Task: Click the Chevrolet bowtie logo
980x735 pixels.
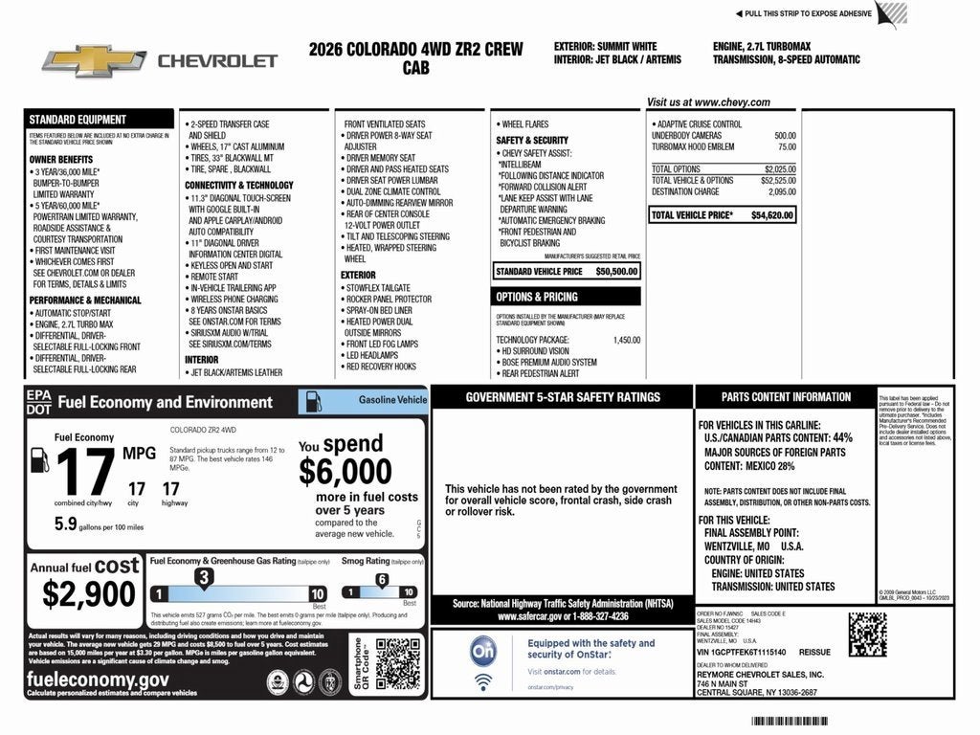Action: (x=93, y=60)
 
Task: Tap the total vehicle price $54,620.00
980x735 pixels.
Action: (x=772, y=215)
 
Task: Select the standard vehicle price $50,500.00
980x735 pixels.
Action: (x=616, y=271)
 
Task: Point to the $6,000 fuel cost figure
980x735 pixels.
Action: (x=345, y=472)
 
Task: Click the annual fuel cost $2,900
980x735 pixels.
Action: (x=89, y=594)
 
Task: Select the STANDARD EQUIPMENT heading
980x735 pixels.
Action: (x=78, y=120)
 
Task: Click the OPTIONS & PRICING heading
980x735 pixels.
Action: (x=536, y=297)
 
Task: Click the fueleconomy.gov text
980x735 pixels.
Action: (x=99, y=679)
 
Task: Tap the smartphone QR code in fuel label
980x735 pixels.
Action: (x=397, y=663)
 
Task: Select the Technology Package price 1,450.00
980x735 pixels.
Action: (x=627, y=340)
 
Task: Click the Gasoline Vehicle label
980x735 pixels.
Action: (x=392, y=399)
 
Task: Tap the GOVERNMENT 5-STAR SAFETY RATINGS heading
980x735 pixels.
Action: (x=563, y=397)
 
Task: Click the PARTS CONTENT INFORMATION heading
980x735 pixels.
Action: (x=786, y=397)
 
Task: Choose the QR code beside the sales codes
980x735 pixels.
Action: (x=866, y=634)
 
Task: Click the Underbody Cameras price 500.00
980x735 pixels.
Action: (x=785, y=136)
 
